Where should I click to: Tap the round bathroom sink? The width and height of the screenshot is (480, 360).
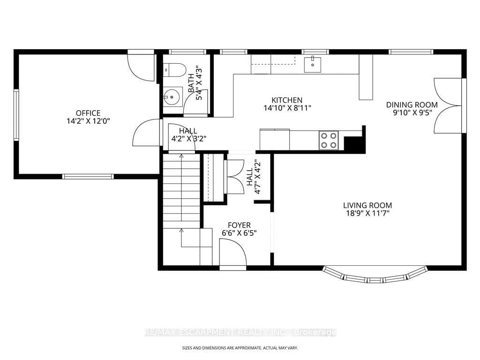(172, 97)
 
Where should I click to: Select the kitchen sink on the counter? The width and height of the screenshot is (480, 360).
(312, 64)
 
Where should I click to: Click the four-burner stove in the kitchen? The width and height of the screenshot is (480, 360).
(329, 140)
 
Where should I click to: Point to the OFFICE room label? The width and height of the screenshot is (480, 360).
(88, 113)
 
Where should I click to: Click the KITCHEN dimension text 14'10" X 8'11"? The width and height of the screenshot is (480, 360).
(287, 108)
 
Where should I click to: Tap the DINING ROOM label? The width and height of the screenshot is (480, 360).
(412, 105)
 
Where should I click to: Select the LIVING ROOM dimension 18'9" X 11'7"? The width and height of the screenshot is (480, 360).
(367, 213)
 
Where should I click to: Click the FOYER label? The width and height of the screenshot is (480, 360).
(239, 225)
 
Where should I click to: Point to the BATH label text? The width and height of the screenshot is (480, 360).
(191, 83)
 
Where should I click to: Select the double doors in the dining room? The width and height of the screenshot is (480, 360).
(448, 105)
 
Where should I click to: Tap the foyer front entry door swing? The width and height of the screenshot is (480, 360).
(233, 253)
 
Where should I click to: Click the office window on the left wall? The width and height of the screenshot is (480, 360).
(16, 115)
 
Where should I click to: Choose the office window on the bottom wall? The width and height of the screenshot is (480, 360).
(88, 176)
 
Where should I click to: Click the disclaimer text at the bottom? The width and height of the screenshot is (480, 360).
(240, 348)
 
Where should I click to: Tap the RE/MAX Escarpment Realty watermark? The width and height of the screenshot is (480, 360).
(240, 332)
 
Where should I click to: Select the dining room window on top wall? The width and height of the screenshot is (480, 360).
(411, 52)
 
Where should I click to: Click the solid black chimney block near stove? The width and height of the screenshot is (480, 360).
(355, 143)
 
